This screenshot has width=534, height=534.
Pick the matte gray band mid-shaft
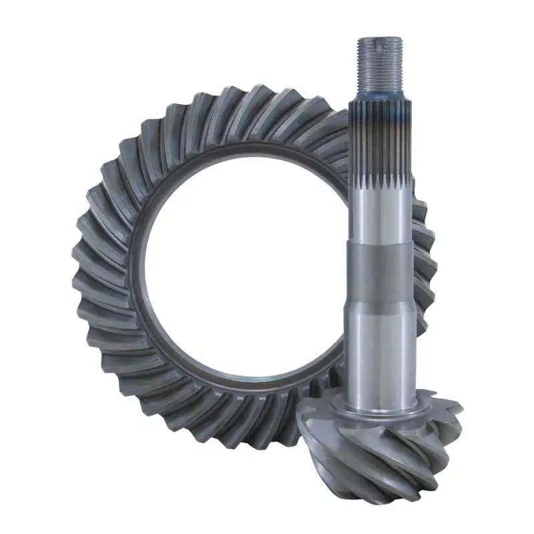coord(379,274)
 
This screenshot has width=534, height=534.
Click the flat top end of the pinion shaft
coord(379,39)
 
